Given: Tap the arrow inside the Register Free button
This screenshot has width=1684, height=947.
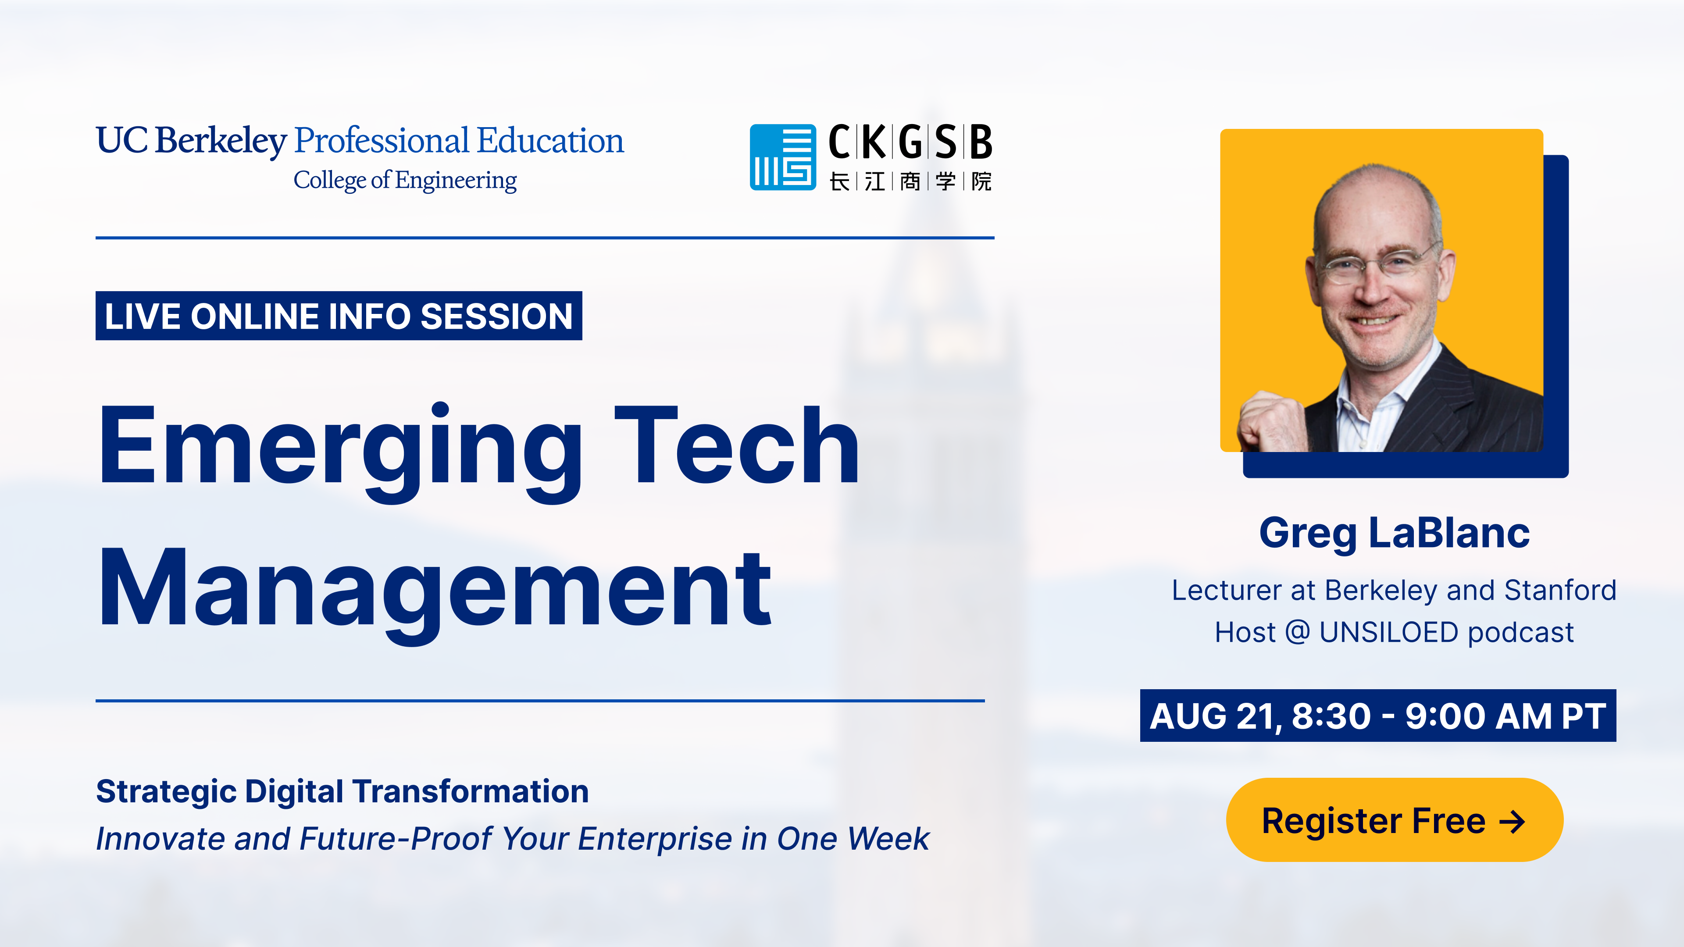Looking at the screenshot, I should [1511, 822].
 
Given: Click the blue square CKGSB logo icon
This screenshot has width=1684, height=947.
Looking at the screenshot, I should [782, 157].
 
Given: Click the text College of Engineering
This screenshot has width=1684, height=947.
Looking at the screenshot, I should [405, 180].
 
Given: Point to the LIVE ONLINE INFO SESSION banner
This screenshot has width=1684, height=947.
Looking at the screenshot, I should [339, 316].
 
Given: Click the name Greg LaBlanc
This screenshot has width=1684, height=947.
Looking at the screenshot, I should [1394, 533].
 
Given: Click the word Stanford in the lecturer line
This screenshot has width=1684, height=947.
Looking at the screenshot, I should [1560, 590].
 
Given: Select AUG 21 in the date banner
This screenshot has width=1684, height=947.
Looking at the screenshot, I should [1211, 716].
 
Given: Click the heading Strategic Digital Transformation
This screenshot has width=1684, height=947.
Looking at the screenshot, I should [342, 791].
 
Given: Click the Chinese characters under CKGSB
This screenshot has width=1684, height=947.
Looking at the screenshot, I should [910, 181].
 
